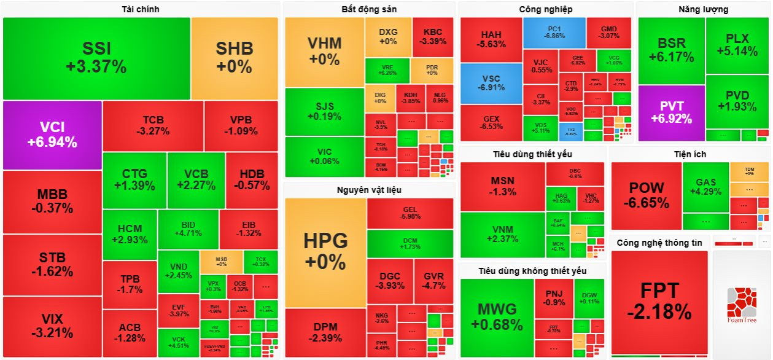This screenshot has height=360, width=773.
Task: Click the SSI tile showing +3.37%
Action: pyautogui.click(x=96, y=58)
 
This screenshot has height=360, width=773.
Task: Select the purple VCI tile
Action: pyautogui.click(x=52, y=135)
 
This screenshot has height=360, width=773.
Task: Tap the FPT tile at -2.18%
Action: pyautogui.click(x=659, y=301)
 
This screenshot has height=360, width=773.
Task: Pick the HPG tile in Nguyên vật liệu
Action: pyautogui.click(x=325, y=252)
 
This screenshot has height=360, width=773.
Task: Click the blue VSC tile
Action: pyautogui.click(x=491, y=83)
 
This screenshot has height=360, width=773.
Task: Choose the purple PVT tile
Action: pyautogui.click(x=671, y=112)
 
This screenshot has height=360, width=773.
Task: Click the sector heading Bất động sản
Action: pyautogui.click(x=368, y=9)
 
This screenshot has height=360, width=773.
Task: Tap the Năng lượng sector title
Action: pyautogui.click(x=703, y=9)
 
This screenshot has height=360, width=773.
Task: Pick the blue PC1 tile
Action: pyautogui.click(x=554, y=33)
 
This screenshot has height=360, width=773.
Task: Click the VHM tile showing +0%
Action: pyautogui.click(x=325, y=52)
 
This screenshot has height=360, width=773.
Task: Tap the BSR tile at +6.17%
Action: pyautogui.click(x=671, y=50)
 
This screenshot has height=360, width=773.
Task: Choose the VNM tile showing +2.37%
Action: pyautogui.click(x=502, y=235)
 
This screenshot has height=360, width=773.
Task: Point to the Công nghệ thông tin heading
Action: pyautogui.click(x=659, y=243)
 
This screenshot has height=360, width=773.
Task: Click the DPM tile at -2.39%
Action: pyautogui.click(x=325, y=332)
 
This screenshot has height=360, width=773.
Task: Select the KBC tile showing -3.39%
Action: pyautogui.click(x=433, y=37)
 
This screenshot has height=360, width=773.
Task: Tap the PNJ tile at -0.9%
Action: pyautogui.click(x=554, y=298)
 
